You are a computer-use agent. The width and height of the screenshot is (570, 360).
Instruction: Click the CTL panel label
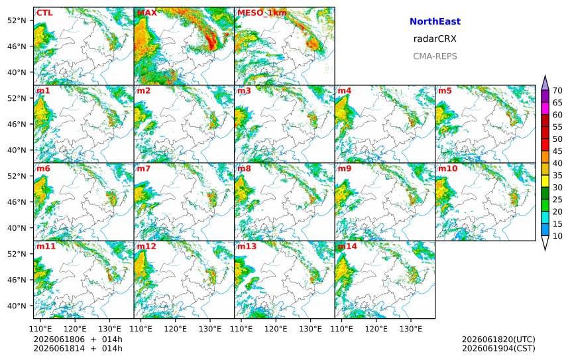(44, 13)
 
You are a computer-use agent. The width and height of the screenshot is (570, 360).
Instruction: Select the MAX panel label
(147, 13)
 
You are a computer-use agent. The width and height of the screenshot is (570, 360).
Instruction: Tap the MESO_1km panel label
(262, 13)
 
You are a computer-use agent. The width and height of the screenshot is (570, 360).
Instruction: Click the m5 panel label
(445, 91)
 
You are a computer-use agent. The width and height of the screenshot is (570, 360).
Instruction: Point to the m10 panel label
(447, 168)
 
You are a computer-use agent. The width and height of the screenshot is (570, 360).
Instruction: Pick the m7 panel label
(144, 168)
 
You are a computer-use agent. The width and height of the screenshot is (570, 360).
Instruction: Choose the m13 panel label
(247, 246)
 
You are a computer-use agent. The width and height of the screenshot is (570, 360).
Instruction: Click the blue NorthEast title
(435, 21)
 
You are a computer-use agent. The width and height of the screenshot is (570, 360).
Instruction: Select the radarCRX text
(435, 39)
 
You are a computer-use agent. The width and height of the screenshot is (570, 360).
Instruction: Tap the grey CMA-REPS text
(435, 56)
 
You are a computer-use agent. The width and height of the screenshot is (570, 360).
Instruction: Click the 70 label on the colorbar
(557, 91)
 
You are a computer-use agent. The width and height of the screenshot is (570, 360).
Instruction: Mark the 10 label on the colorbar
(557, 236)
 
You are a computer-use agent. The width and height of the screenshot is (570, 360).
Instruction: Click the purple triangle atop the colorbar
(545, 84)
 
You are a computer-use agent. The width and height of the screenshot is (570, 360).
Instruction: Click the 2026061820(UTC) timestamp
(498, 339)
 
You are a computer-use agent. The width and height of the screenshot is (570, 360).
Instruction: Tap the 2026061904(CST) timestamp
(498, 348)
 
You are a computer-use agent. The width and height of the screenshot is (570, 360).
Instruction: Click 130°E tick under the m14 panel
(411, 329)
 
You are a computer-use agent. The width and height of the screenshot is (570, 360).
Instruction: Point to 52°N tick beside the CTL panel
(17, 21)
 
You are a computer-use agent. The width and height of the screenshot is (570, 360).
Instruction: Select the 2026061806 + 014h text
(78, 339)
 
